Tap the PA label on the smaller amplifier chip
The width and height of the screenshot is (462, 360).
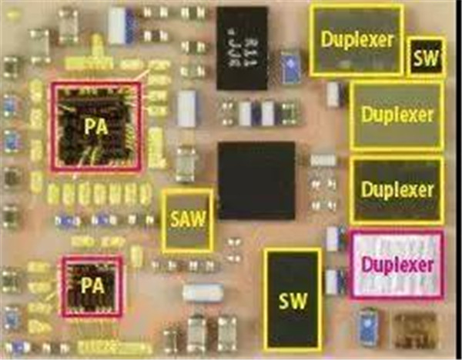pos(90,285)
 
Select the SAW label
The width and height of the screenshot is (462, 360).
pos(187,220)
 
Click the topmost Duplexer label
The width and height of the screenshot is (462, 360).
pos(356,38)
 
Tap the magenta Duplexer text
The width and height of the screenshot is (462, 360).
pos(397,265)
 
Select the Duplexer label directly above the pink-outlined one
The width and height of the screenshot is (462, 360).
pos(397,189)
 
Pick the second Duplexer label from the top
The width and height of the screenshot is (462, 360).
pos(397,116)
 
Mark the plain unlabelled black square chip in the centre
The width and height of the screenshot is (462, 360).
pos(257,179)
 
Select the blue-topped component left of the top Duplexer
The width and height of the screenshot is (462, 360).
pos(291,65)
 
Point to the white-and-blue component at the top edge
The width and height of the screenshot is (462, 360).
pos(122,25)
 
